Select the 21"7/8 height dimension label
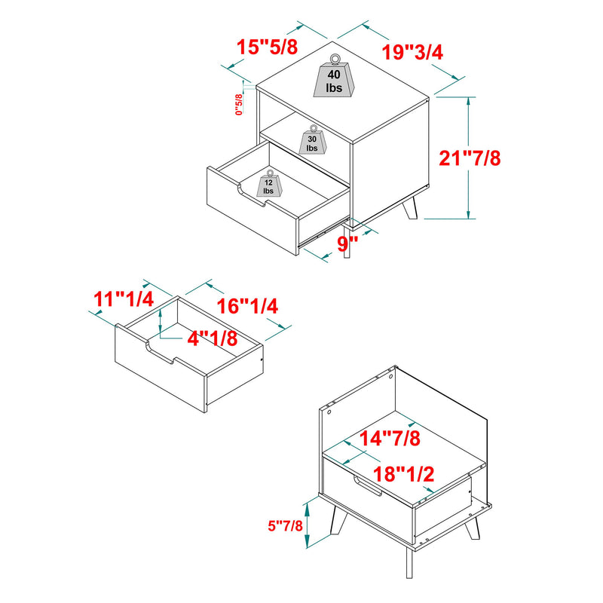tap(470, 159)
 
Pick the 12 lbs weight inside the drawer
tap(268, 185)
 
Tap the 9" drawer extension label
tap(346, 243)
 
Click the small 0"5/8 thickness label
tap(239, 104)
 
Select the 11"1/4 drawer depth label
tap(124, 299)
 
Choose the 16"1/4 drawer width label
tap(248, 307)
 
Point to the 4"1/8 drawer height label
tap(213, 338)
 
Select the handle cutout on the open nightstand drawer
tap(253, 196)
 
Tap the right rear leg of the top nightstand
tap(411, 210)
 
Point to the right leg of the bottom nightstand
tap(472, 528)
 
